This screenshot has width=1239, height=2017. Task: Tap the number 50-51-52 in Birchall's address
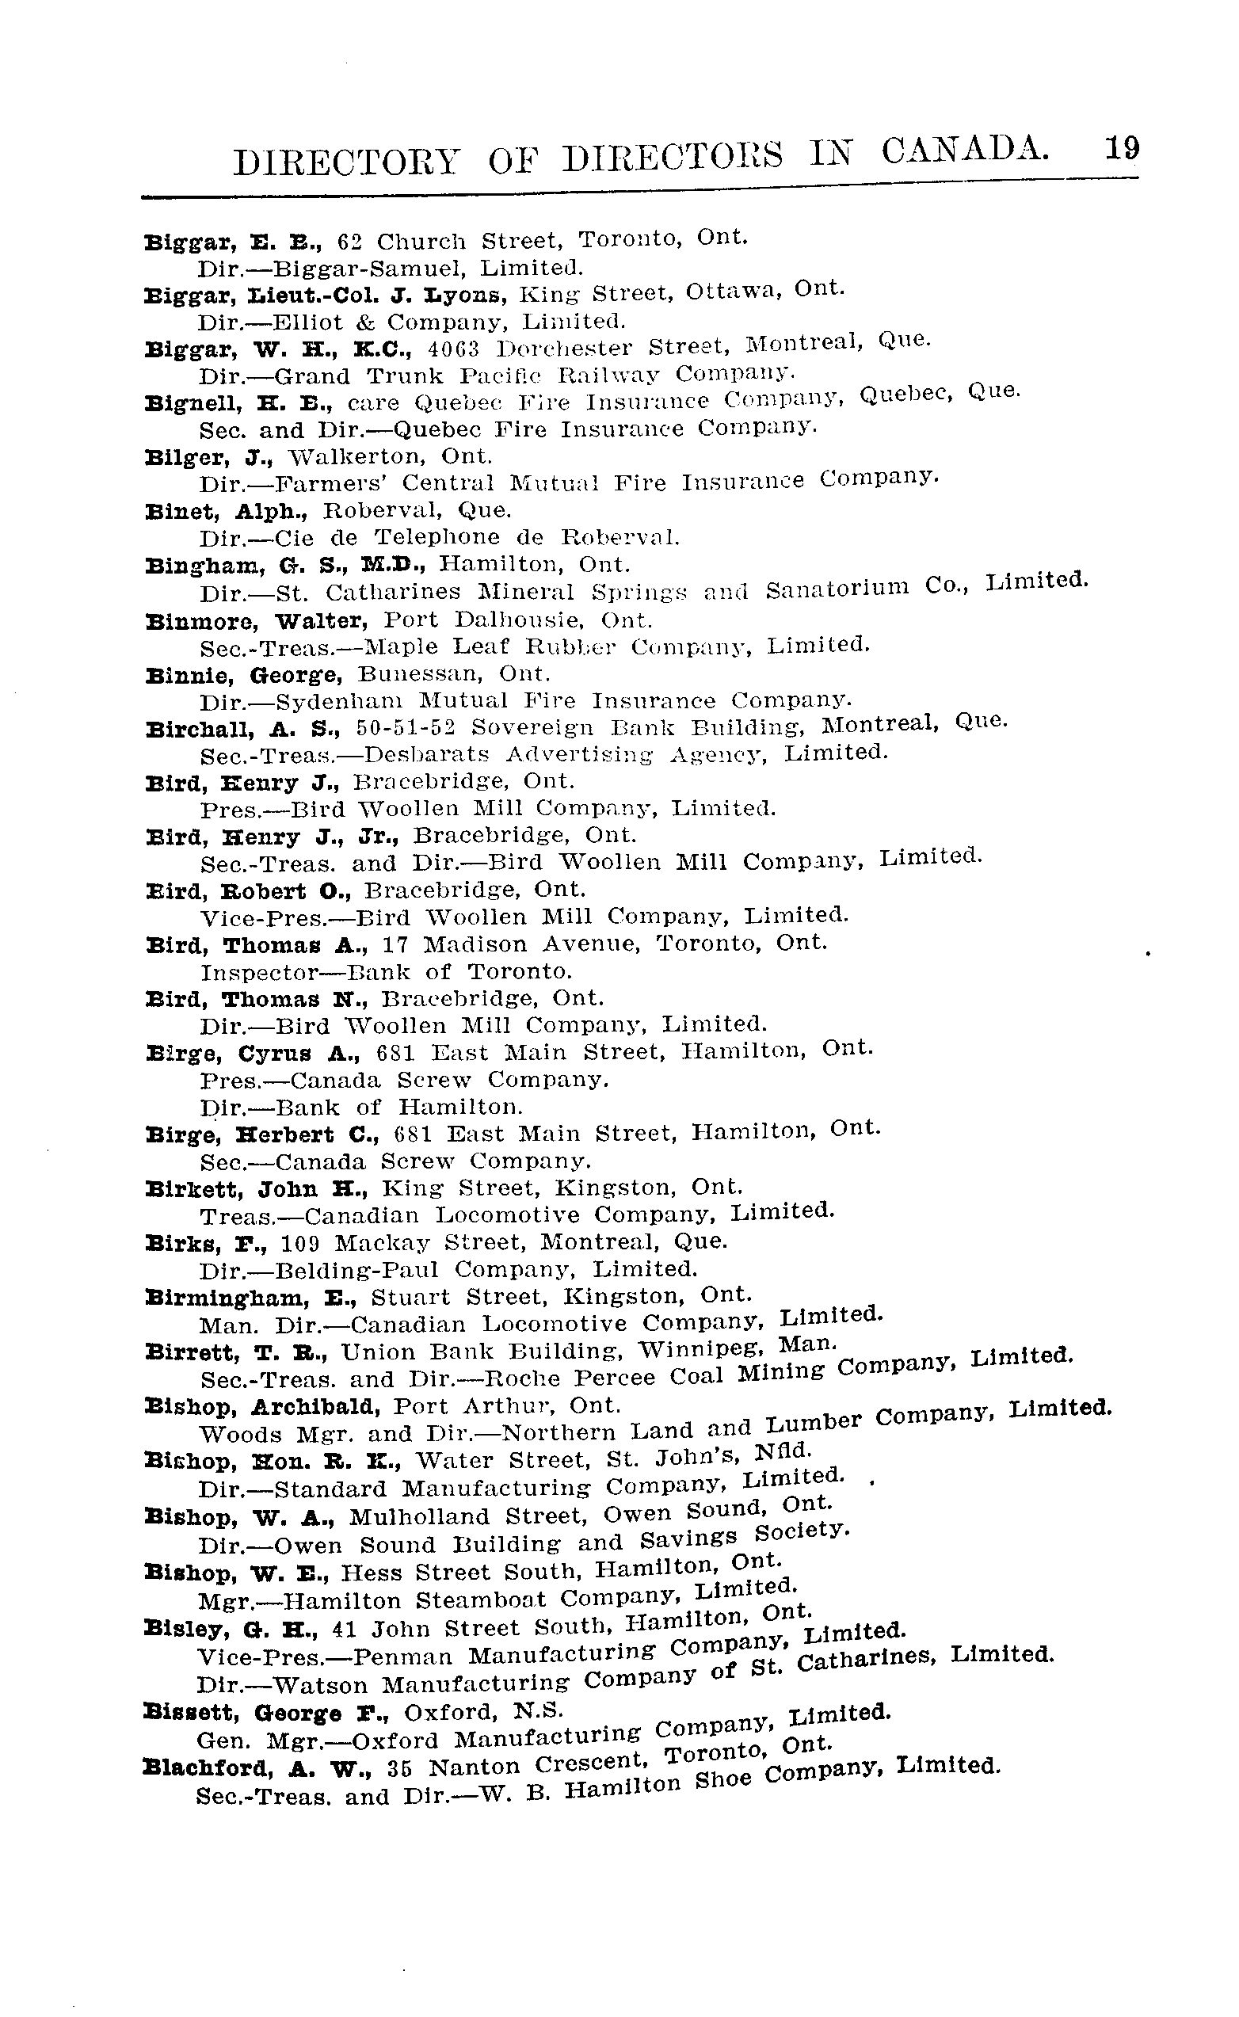coord(406,728)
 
